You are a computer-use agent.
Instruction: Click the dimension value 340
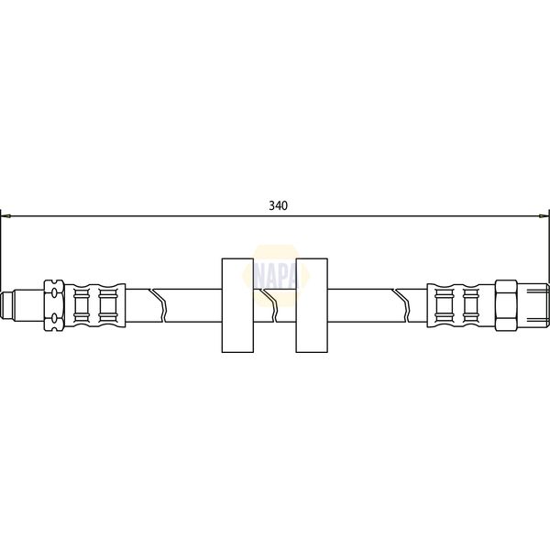(279, 205)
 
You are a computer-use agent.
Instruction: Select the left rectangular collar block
(236, 305)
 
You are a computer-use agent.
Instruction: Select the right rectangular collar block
(312, 305)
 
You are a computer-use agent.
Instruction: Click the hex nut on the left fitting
(54, 302)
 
